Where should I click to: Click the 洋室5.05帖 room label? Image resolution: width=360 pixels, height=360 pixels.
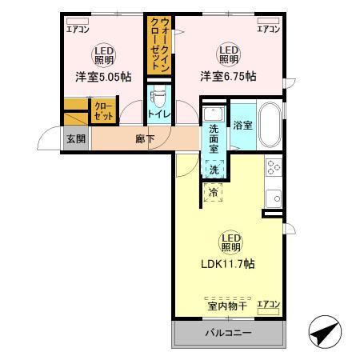tap(103, 76)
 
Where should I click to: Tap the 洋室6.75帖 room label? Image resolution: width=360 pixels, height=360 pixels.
tap(228, 76)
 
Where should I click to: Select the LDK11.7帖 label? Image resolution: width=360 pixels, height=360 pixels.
tap(228, 263)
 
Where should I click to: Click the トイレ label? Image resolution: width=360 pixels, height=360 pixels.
tap(157, 114)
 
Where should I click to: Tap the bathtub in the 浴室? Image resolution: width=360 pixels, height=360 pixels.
tap(268, 125)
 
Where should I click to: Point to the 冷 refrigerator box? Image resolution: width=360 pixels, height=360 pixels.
tap(214, 192)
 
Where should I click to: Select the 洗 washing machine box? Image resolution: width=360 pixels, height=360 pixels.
tap(214, 169)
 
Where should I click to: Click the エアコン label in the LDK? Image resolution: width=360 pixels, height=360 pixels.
tap(268, 305)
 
